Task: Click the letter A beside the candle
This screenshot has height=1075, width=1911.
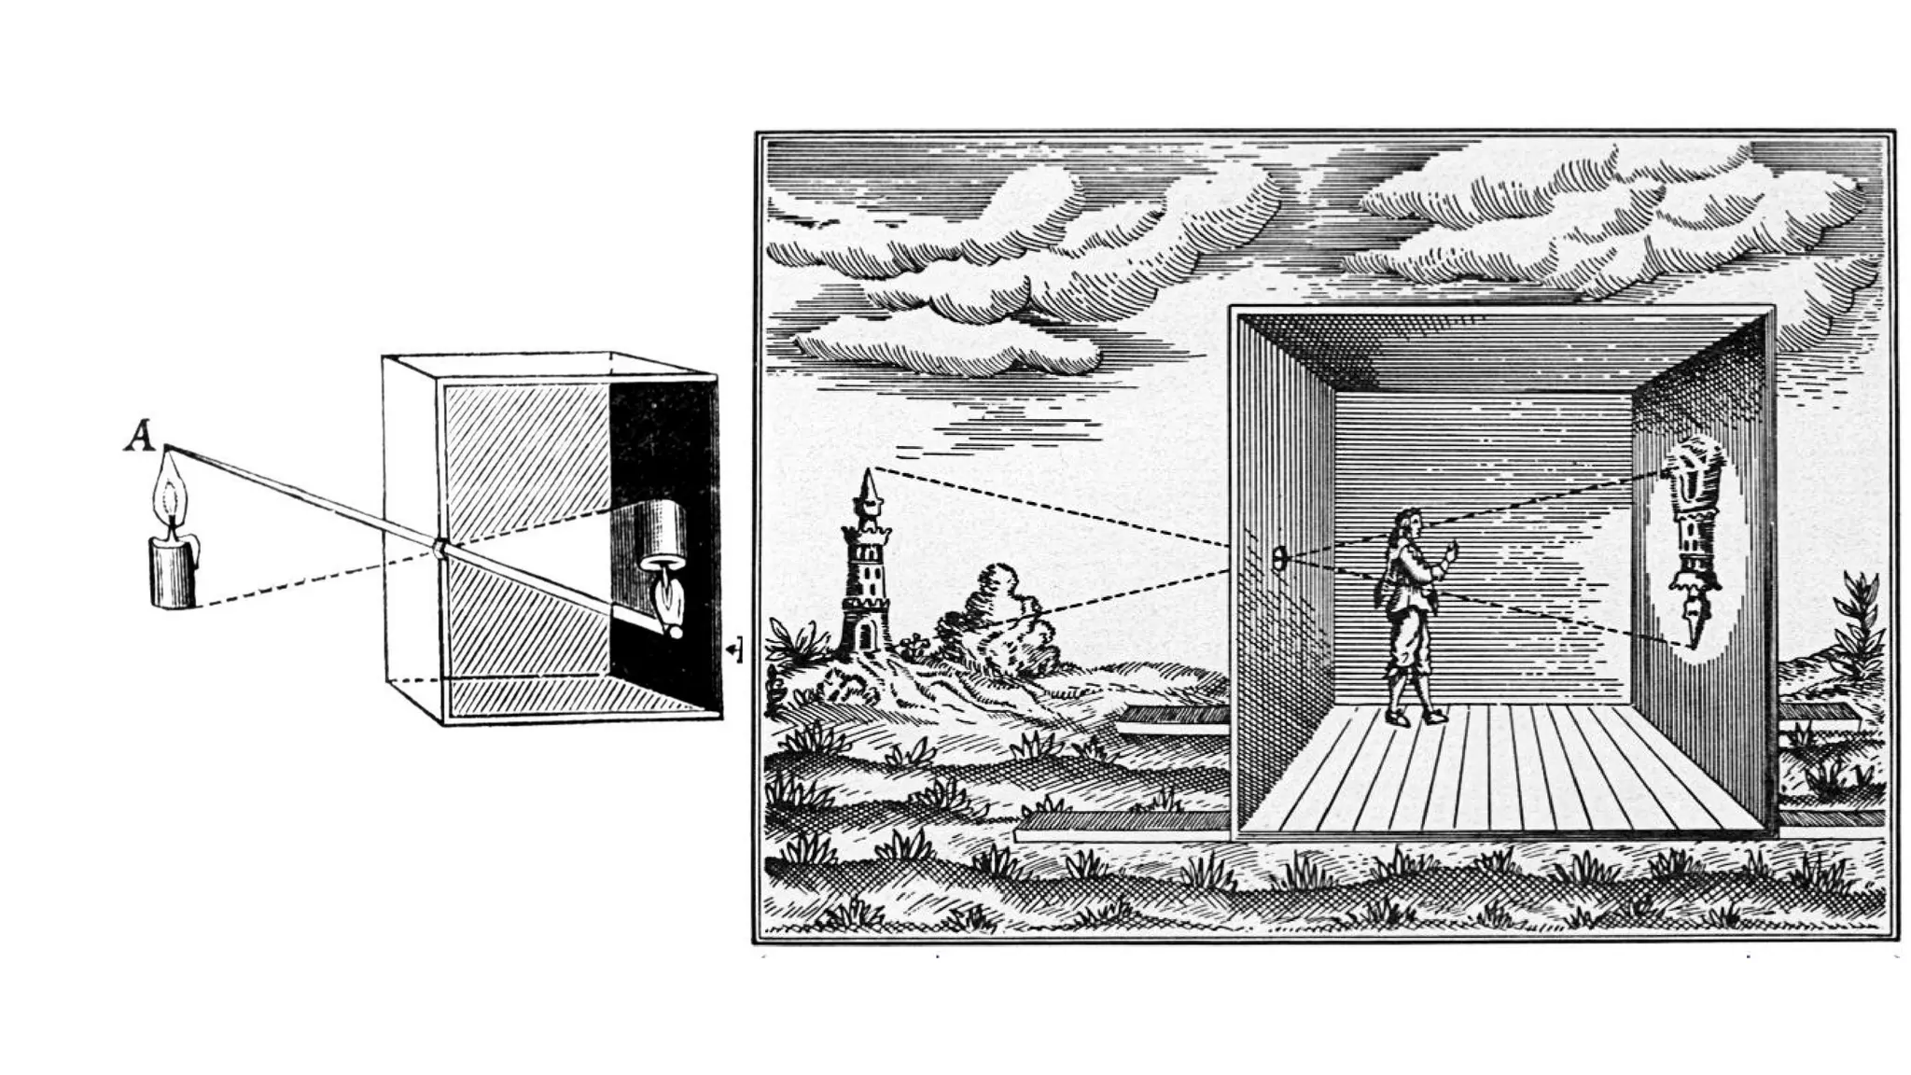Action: [140, 437]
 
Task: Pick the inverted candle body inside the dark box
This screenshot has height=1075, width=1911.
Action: [660, 532]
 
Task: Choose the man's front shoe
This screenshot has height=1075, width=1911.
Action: [1434, 717]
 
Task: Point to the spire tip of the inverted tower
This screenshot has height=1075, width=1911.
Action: [1692, 644]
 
